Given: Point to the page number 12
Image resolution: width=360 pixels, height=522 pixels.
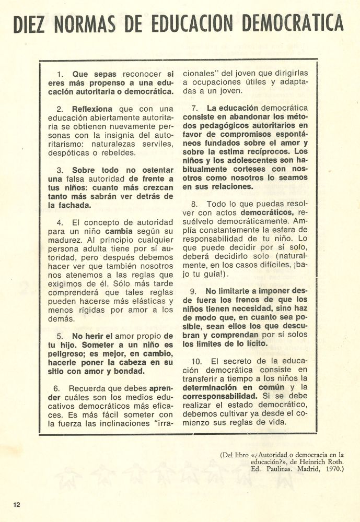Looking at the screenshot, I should click(x=17, y=504).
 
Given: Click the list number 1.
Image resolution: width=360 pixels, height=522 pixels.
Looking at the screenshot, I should click(x=59, y=74).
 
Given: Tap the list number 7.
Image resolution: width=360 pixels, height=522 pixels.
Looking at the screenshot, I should click(x=194, y=108).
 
